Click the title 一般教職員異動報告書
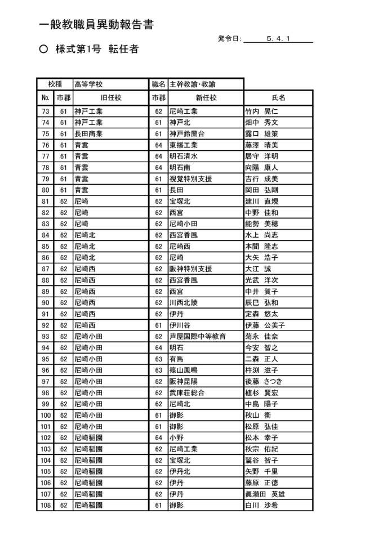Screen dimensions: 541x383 click(96, 25)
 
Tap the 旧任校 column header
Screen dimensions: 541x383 click(111, 98)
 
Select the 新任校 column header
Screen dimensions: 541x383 click(206, 98)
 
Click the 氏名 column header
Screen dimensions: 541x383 click(278, 98)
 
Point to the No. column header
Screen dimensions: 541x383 click(46, 98)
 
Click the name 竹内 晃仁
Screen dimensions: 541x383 click(261, 111)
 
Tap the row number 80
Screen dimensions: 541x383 click(46, 190)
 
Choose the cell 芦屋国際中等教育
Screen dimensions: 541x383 click(198, 337)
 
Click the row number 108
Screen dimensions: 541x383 click(46, 506)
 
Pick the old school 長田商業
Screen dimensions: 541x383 click(88, 134)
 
